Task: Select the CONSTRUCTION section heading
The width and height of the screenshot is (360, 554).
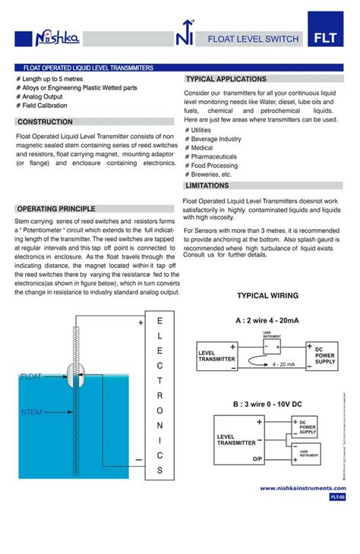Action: (46, 122)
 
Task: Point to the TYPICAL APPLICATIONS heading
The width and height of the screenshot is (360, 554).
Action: (226, 79)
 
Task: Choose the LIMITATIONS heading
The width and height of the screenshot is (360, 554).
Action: (207, 185)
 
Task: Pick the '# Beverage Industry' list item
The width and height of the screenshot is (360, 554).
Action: (213, 139)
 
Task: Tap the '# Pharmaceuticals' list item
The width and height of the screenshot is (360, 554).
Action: (210, 156)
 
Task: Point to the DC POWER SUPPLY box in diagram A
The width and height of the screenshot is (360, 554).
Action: (324, 357)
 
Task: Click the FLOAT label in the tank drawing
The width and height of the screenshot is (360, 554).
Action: (31, 376)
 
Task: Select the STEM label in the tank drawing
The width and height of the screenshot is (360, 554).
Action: (31, 412)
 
